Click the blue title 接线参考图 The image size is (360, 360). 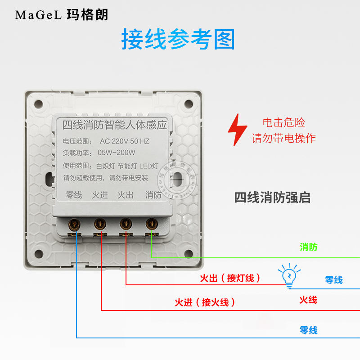click(178, 40)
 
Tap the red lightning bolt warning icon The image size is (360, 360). click(237, 130)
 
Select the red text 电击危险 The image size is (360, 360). click(283, 122)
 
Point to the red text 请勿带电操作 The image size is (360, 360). click(283, 138)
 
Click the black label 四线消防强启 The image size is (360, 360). click(272, 198)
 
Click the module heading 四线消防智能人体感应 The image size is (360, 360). click(114, 123)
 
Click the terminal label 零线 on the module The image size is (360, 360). click(74, 195)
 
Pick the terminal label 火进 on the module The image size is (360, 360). click(100, 195)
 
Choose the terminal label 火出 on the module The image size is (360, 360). click(126, 195)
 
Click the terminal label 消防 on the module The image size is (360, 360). click(153, 195)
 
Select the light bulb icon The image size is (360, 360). click(288, 275)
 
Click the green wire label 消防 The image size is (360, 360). click(309, 247)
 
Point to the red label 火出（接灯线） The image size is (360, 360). click(230, 279)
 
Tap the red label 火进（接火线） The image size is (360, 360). click(205, 303)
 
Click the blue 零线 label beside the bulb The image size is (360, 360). click(334, 280)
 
